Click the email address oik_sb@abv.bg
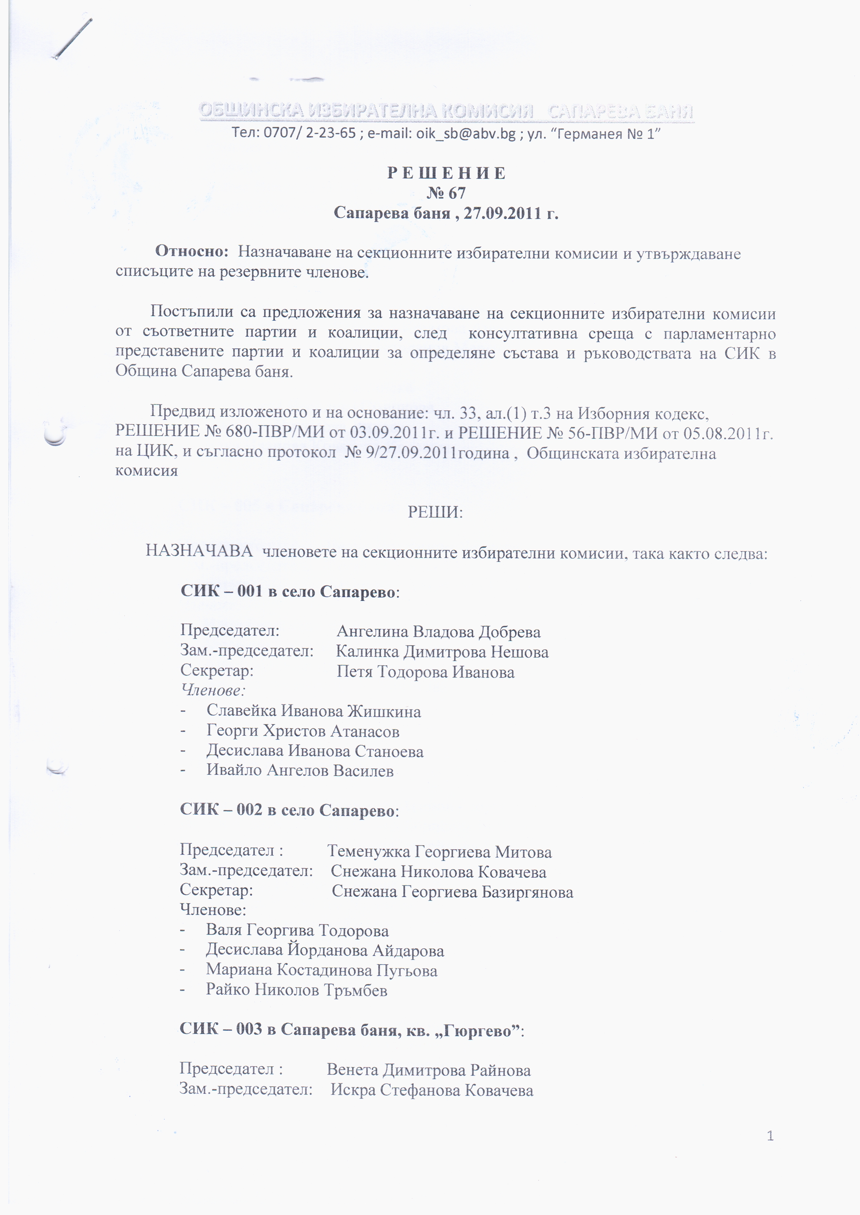[x=466, y=133]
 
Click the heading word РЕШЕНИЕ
[x=446, y=173]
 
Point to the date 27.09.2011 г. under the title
[x=511, y=213]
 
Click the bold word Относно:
[x=192, y=251]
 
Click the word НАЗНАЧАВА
[x=199, y=551]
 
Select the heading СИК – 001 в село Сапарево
[x=290, y=592]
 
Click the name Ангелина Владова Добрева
[x=438, y=632]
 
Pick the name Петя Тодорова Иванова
[x=425, y=672]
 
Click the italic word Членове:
[x=213, y=690]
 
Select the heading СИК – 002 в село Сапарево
[x=289, y=810]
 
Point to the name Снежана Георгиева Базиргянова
[x=452, y=892]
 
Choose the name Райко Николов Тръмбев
[x=297, y=990]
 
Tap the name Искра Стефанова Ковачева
[x=432, y=1091]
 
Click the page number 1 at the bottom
[x=770, y=1136]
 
